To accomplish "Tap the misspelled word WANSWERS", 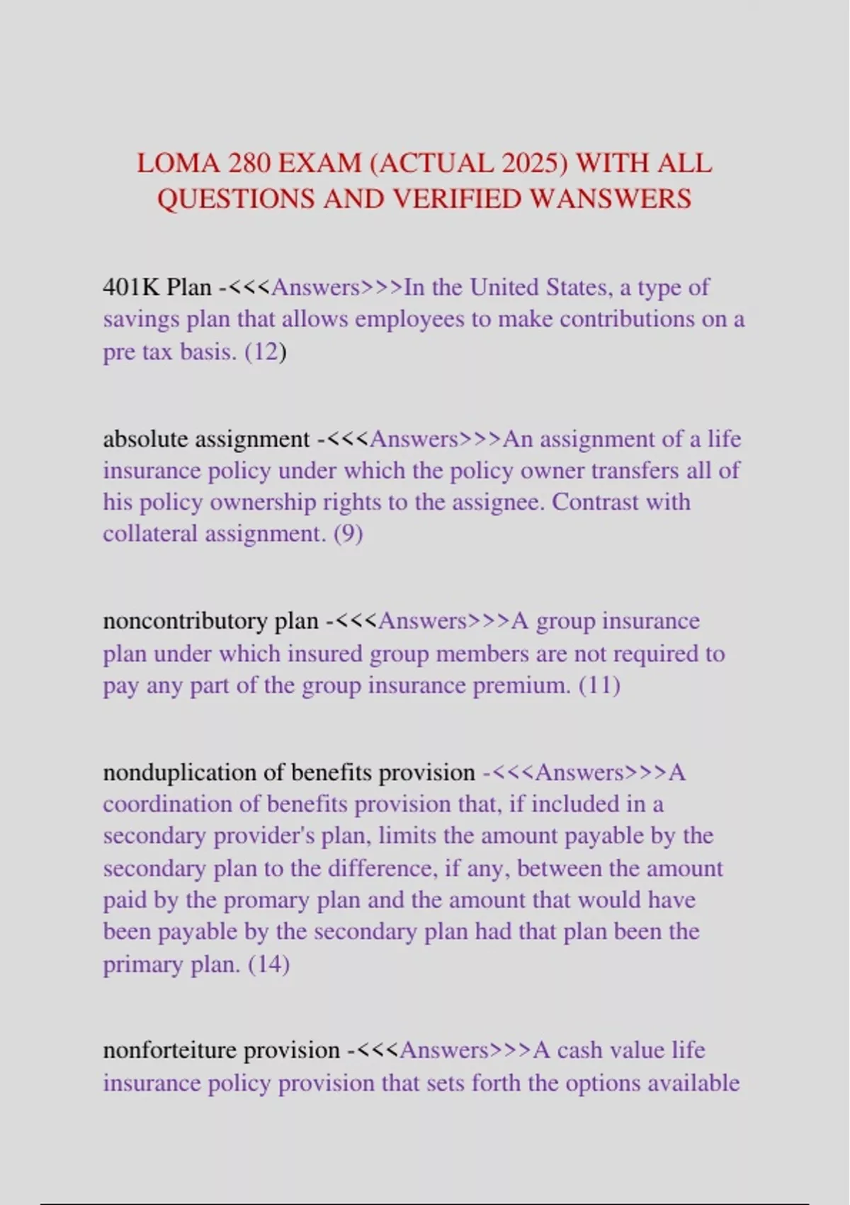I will [x=611, y=199].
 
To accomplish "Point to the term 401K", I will [x=132, y=287].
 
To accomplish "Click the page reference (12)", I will [x=265, y=352].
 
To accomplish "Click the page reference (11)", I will [x=599, y=685].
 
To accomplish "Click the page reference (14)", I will [x=268, y=965].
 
